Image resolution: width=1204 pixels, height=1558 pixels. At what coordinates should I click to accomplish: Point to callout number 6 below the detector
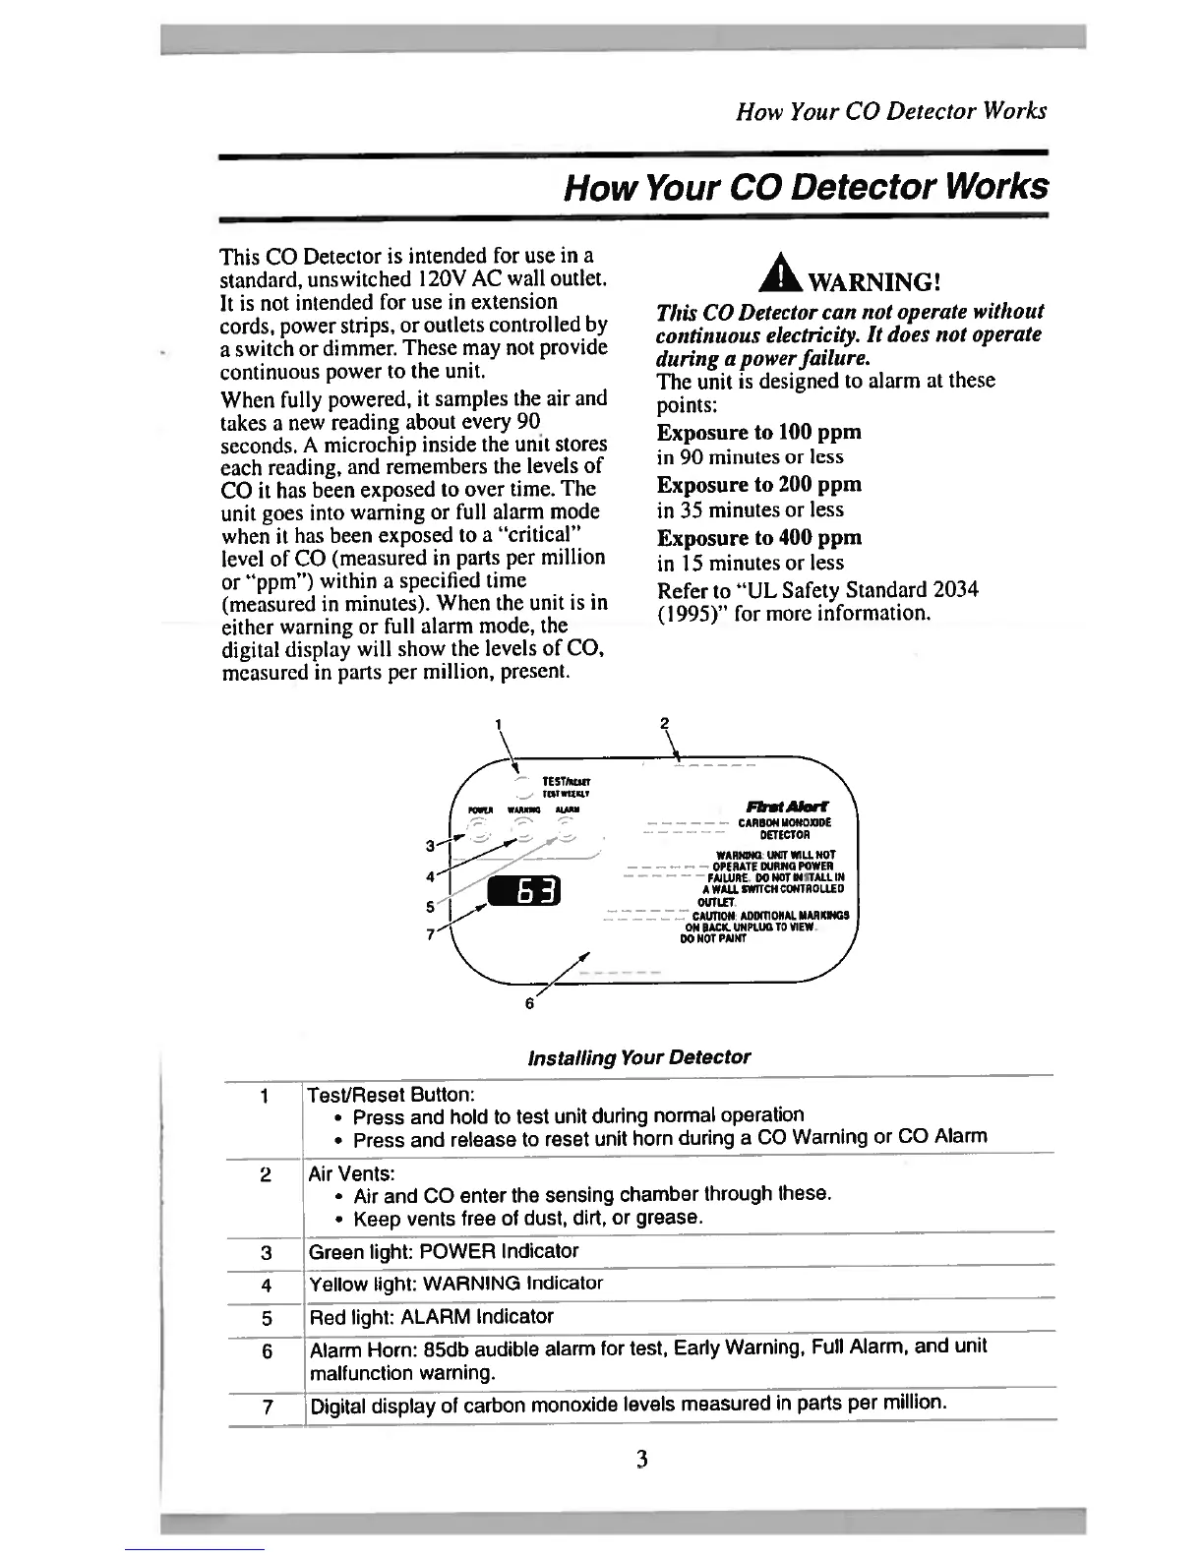click(529, 1004)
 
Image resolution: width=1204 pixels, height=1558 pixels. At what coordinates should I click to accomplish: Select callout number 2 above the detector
click(665, 723)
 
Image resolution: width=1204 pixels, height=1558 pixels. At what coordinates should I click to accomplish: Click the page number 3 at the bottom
click(640, 1460)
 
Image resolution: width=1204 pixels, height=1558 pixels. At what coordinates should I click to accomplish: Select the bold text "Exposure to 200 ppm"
click(758, 485)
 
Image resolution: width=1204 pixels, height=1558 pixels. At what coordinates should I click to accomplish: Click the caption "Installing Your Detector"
click(638, 1057)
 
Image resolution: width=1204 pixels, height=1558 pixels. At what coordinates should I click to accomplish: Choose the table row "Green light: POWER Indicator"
click(444, 1251)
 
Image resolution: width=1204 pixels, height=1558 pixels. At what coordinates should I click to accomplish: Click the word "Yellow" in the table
click(337, 1285)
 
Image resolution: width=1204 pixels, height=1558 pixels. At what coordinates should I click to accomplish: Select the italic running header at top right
click(891, 111)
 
